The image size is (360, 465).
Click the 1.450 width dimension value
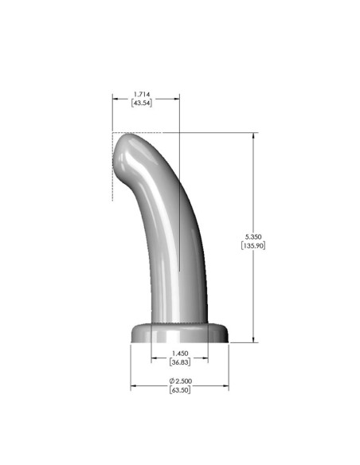181,352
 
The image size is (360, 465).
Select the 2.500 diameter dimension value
183,381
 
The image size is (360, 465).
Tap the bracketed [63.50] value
181,391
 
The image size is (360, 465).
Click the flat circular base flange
179,334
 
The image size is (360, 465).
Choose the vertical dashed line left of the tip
112,167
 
